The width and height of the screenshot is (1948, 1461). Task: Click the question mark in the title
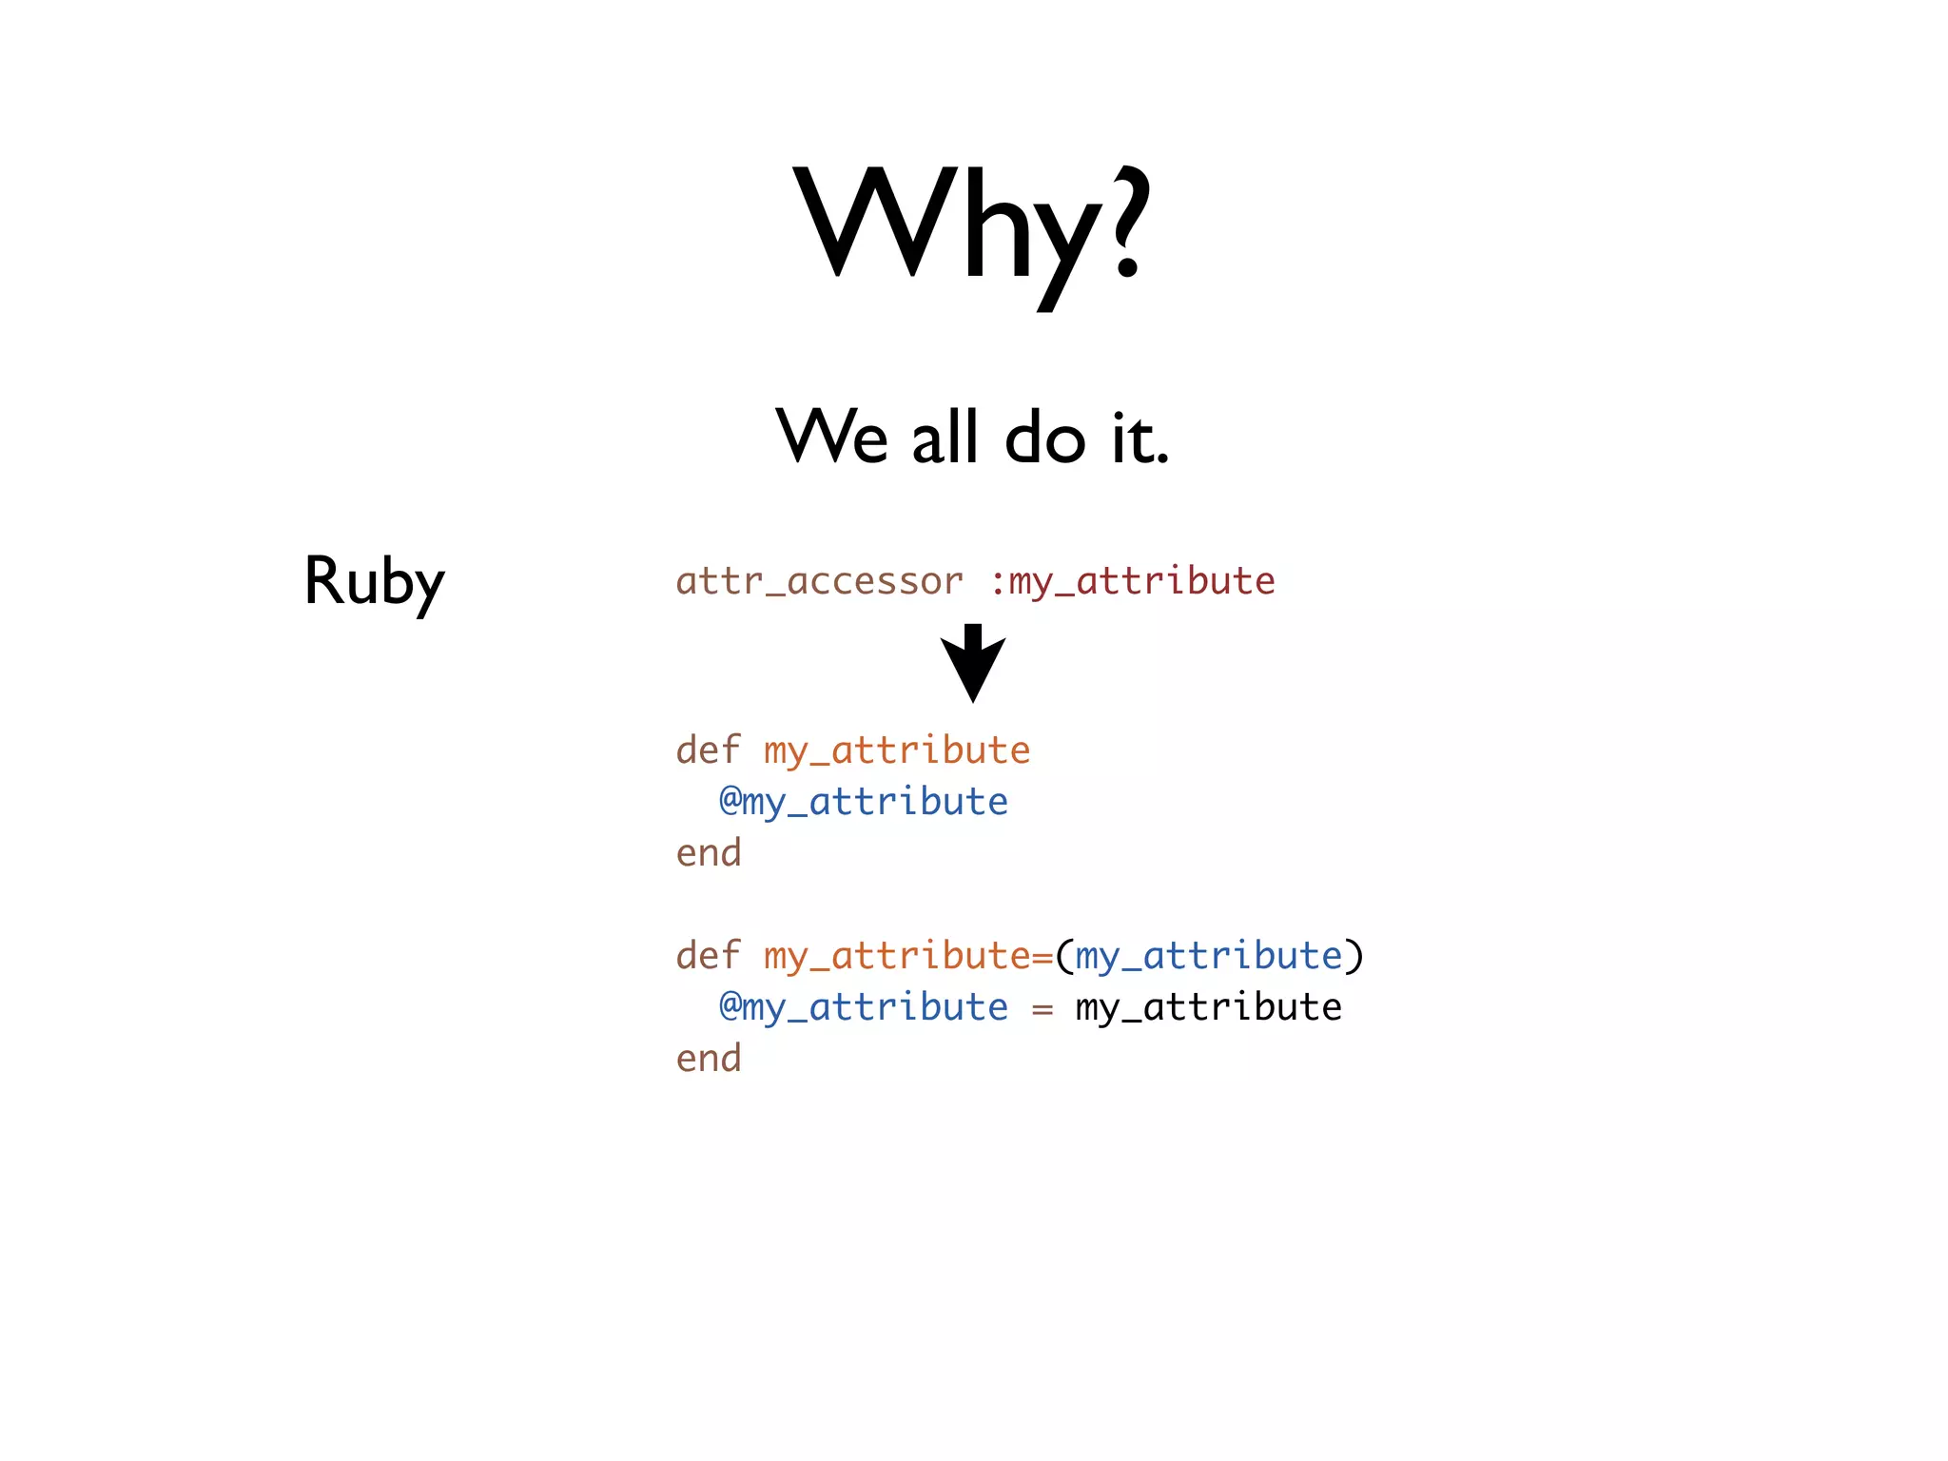1126,224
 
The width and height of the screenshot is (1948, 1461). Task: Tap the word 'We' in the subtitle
832,437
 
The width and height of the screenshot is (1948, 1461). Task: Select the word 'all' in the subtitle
945,437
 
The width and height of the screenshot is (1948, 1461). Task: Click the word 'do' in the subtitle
1044,437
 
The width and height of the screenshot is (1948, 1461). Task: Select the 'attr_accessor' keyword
819,580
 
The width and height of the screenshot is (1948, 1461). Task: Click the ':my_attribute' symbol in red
1132,580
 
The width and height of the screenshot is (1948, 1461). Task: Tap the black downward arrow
972,664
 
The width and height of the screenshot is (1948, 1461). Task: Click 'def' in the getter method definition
708,750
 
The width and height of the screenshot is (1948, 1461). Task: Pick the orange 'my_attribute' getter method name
897,750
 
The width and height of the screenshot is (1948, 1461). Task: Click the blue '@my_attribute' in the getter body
863,802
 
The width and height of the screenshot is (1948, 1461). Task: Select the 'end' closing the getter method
708,852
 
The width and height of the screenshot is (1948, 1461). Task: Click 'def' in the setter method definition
708,955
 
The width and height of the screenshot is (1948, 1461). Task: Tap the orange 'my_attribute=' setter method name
908,956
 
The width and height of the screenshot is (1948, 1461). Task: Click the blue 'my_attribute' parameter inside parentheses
1209,956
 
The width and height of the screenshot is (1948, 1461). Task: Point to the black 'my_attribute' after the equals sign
1209,1007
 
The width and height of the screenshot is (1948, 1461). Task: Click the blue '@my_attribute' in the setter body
863,1007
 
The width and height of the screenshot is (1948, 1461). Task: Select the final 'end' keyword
708,1058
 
